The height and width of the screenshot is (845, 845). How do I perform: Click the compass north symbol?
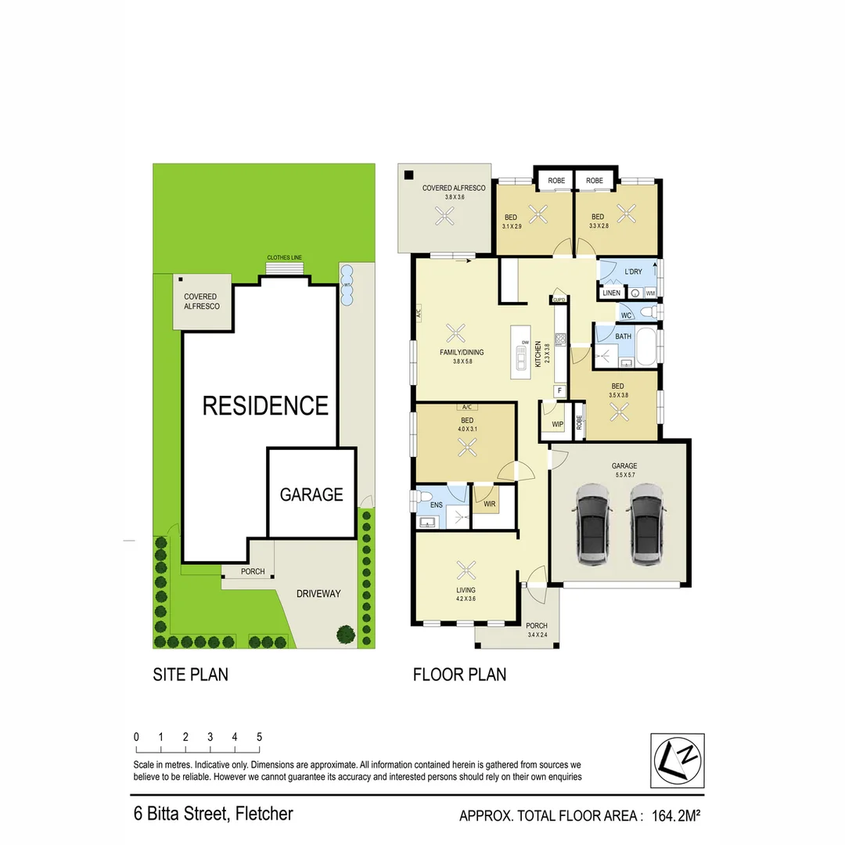point(678,760)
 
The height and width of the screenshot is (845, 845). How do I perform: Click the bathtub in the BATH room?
point(646,347)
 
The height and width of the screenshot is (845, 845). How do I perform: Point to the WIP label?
point(558,425)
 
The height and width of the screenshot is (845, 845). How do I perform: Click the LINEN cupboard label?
point(611,293)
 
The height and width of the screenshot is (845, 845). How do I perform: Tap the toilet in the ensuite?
point(423,498)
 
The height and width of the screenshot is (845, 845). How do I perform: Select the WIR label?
point(490,505)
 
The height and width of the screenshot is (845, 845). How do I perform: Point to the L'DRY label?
point(633,271)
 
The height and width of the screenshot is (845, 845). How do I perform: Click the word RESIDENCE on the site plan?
point(265,405)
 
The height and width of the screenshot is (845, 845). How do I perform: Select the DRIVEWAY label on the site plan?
point(318,594)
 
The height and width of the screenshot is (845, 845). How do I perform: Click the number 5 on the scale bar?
point(259,737)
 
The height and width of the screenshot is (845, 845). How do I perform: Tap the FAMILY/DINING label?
point(462,353)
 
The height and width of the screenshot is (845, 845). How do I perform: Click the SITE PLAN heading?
point(190,674)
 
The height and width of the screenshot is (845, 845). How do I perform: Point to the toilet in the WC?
point(647,313)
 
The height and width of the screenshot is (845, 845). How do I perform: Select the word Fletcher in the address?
point(264,814)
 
